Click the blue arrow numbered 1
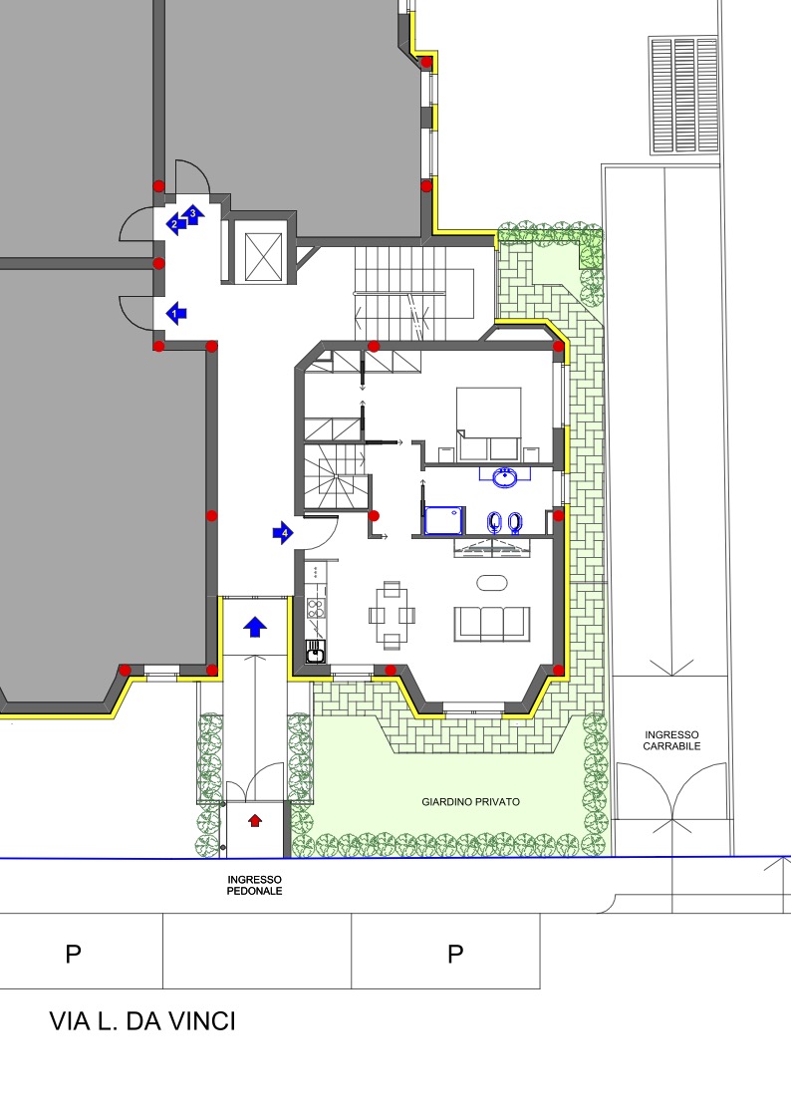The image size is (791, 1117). coord(176,313)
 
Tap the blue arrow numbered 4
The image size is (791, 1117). coord(283,532)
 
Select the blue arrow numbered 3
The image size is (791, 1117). coord(193,213)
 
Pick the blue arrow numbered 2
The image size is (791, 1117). coord(176,224)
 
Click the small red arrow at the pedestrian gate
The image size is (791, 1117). coord(255,821)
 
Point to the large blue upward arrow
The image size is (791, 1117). coord(255,627)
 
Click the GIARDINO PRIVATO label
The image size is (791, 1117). coord(470,801)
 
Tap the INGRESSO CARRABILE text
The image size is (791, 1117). coord(671,740)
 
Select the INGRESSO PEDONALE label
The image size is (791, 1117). coord(254,885)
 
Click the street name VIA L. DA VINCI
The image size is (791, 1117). coord(142,1020)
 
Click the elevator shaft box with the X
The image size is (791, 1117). coord(263,256)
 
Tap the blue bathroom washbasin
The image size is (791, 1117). coord(505,476)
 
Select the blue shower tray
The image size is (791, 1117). coord(444,520)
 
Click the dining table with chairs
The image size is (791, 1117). coord(392,616)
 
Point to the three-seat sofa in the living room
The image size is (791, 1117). coord(492,624)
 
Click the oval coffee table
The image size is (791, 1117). coord(492,583)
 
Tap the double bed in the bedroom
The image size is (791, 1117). coord(488,423)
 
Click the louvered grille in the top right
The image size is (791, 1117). coord(684,96)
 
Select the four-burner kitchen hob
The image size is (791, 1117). coord(316,608)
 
